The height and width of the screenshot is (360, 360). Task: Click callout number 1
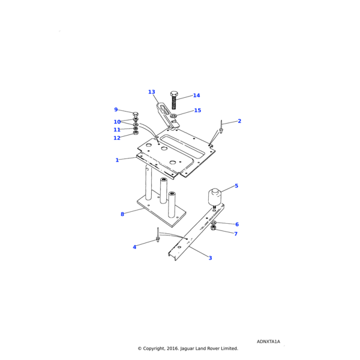(118, 160)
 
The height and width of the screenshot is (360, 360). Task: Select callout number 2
(239, 121)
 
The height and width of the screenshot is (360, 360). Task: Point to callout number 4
(134, 247)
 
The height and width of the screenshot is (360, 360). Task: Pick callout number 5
(236, 186)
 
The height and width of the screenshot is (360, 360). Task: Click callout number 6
(236, 224)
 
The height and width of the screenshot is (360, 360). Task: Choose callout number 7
(236, 234)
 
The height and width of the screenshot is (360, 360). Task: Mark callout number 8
(122, 214)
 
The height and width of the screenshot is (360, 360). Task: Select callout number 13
(151, 92)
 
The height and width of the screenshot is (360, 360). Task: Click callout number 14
(196, 95)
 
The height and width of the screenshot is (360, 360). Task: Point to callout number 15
(197, 110)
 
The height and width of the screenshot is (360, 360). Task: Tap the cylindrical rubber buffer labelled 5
(215, 197)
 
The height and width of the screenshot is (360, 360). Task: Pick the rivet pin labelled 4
(157, 235)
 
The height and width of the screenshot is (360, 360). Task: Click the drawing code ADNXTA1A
(268, 341)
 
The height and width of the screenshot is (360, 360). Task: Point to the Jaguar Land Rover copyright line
(188, 348)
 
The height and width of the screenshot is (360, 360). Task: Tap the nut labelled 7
(214, 228)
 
